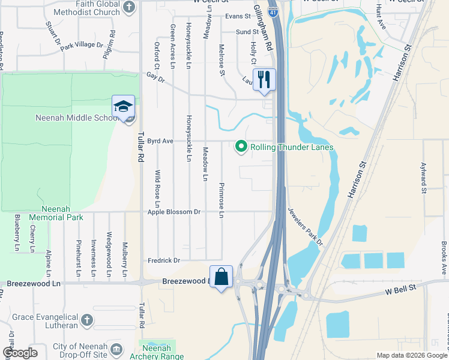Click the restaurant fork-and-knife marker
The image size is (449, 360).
coord(264,79)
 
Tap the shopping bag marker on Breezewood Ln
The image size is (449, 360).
coord(221,277)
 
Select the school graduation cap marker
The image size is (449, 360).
coord(123,107)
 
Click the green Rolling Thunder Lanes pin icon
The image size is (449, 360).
coord(241,146)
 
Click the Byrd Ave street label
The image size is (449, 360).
coord(160,141)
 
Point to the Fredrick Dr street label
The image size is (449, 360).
coord(164,260)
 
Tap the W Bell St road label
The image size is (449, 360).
coord(400,290)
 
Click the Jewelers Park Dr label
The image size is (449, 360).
coord(305,226)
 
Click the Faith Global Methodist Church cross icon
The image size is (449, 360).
coord(128,7)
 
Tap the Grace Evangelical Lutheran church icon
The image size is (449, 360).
coord(86,319)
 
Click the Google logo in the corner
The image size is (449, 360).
coord(20,353)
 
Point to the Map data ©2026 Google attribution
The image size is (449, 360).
coord(411,355)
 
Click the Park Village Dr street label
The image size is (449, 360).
coord(81,45)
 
